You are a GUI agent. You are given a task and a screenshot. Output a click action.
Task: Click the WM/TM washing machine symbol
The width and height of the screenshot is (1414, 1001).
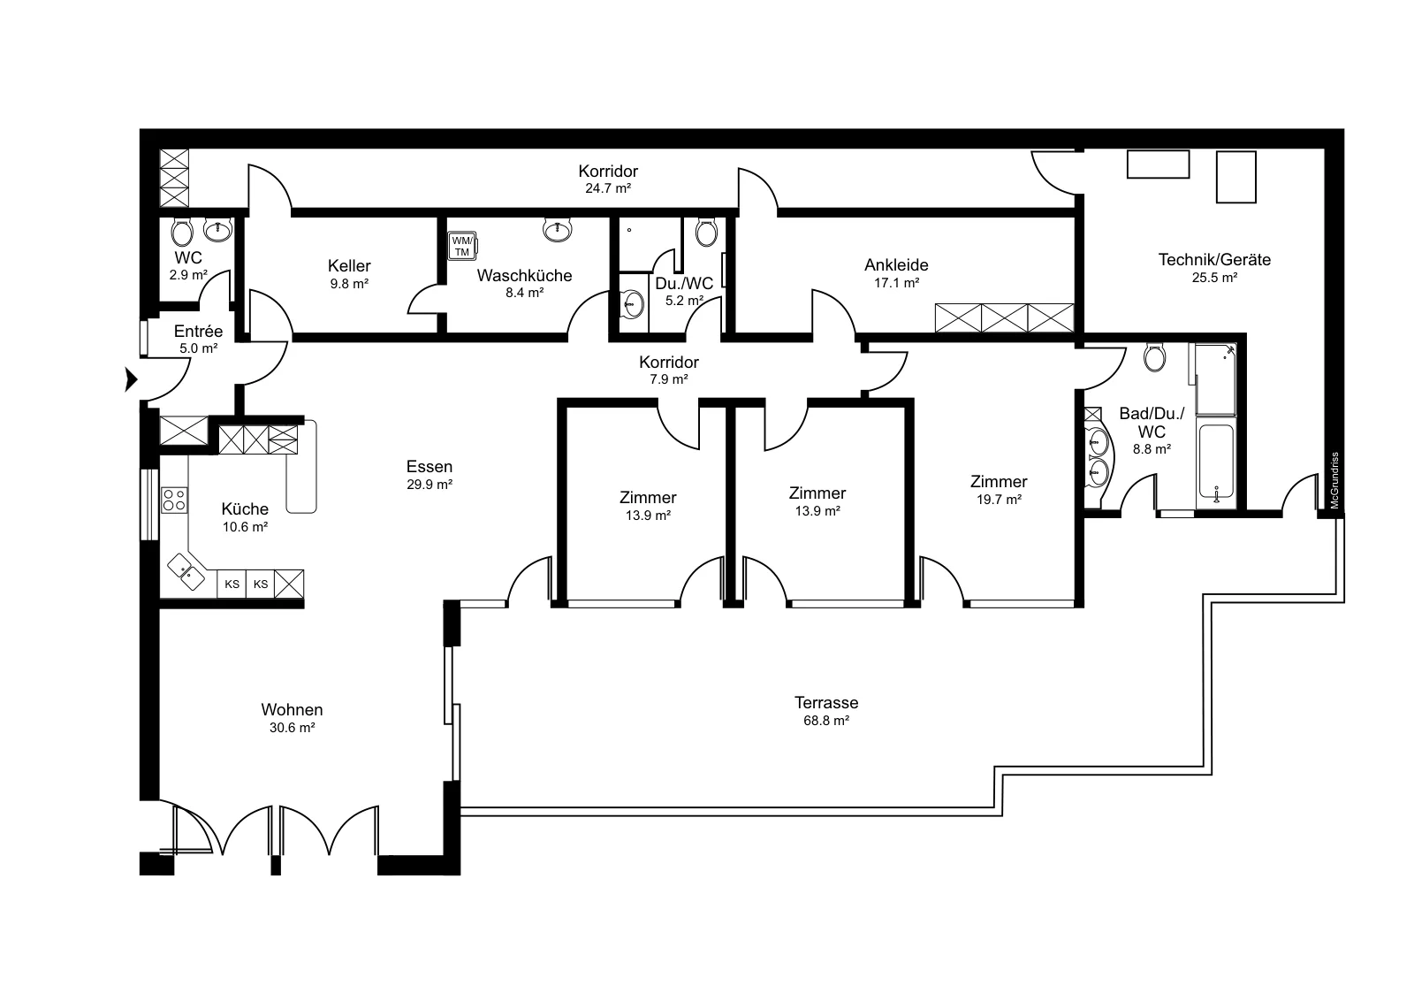click(463, 246)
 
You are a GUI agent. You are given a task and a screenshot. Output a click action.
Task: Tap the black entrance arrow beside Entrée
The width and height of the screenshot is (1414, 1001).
click(131, 379)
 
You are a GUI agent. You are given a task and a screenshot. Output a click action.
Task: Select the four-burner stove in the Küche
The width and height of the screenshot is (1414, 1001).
click(174, 500)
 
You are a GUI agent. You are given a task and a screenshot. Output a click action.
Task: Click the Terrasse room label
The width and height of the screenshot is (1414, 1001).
click(825, 702)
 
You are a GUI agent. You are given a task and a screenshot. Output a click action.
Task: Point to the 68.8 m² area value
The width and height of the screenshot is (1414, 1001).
click(825, 721)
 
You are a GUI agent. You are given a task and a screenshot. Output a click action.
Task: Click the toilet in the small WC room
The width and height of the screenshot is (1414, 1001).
click(182, 233)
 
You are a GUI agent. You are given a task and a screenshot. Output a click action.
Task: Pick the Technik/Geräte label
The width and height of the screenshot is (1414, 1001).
click(1214, 260)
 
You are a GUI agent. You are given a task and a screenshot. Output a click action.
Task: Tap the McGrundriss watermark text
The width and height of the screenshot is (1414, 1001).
click(1334, 481)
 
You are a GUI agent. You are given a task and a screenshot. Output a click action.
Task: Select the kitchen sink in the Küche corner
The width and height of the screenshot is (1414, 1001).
click(186, 571)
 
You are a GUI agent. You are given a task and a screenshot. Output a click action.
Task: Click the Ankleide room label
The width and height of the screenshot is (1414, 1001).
click(896, 264)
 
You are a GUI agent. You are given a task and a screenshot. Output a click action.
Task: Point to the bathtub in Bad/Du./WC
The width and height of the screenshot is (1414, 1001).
click(1216, 465)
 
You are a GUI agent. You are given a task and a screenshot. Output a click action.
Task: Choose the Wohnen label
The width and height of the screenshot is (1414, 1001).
click(292, 709)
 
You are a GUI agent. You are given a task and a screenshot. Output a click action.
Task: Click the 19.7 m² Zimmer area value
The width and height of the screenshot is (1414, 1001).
click(999, 500)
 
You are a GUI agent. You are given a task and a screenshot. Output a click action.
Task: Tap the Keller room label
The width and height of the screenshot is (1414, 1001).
click(349, 265)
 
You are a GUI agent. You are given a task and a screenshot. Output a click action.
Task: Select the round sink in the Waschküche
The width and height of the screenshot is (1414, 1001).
click(558, 230)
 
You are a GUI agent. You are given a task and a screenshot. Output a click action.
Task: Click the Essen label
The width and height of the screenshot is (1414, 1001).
click(430, 467)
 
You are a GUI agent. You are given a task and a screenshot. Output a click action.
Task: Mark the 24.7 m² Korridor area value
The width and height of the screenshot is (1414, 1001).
click(608, 188)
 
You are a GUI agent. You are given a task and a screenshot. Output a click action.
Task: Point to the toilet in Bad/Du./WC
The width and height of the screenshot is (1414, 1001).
click(1154, 358)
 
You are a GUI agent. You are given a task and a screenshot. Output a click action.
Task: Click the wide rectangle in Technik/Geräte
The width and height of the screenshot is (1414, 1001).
click(1159, 164)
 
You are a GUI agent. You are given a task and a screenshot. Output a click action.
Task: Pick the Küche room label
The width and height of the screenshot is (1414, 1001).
click(245, 509)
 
